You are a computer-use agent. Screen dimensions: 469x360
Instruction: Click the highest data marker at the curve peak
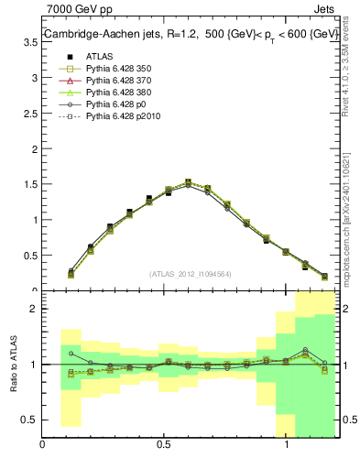(188, 182)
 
